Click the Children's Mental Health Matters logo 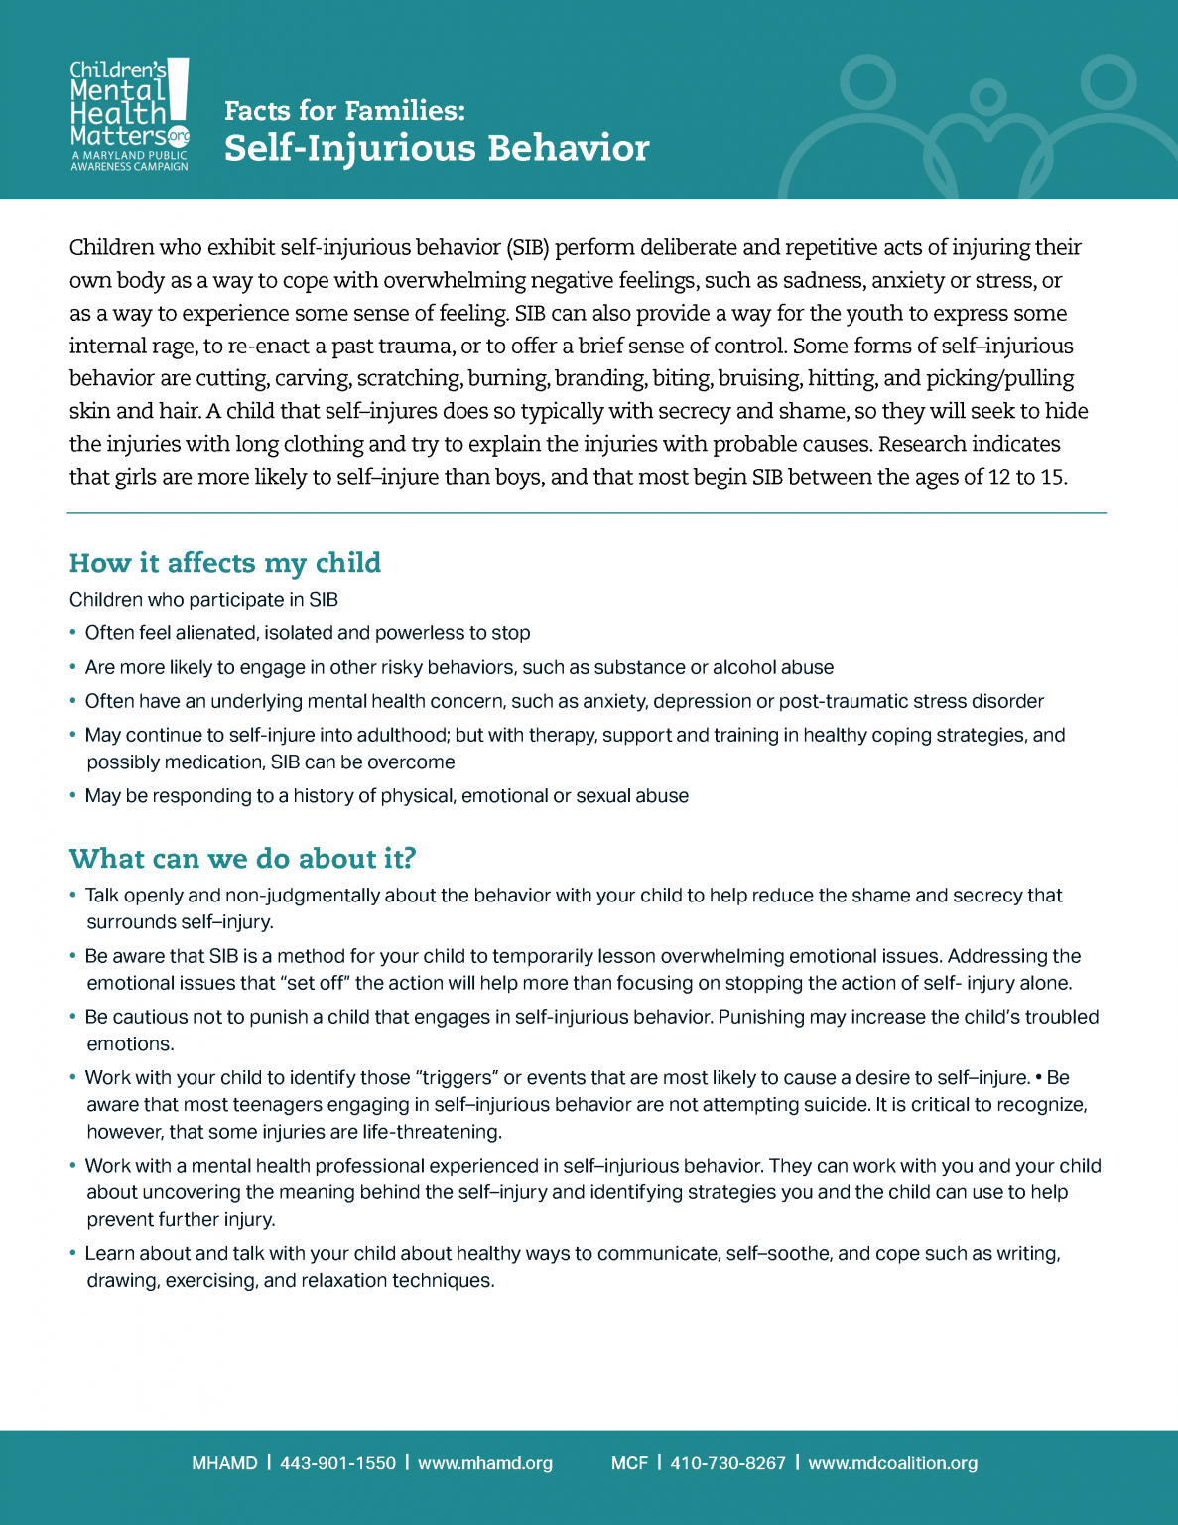(129, 114)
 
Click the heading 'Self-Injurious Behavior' (437, 148)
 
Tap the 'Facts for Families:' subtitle (344, 110)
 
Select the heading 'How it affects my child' (225, 563)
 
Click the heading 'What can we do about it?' (242, 858)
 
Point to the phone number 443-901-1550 (337, 1463)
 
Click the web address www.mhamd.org (485, 1463)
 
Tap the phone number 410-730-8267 (727, 1463)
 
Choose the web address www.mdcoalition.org (892, 1463)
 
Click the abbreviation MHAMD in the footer (224, 1463)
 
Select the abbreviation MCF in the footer (629, 1463)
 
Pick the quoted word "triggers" (456, 1077)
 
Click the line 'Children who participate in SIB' (203, 600)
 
